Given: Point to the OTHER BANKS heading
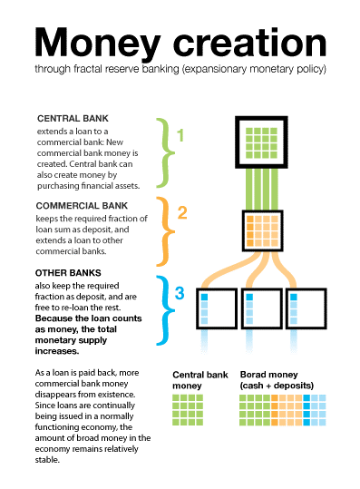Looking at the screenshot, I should click(69, 273).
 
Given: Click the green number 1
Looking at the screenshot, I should click(180, 137).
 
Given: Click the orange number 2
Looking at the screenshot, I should click(182, 213).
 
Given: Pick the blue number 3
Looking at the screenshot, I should click(180, 292).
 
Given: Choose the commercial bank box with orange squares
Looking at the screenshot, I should click(265, 230).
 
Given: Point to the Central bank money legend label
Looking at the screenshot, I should click(194, 380).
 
